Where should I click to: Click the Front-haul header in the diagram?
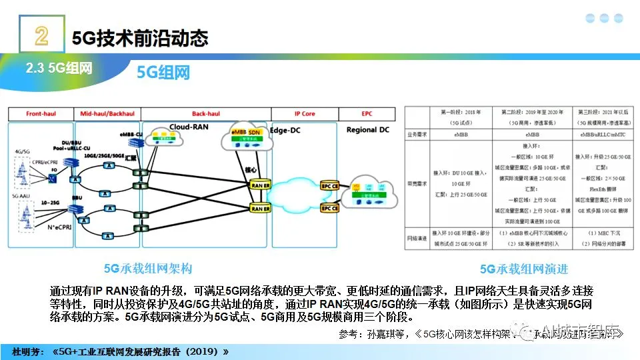point(41,114)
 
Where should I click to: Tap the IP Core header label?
point(304,114)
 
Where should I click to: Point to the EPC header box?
point(367,114)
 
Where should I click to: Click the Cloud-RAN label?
point(188,125)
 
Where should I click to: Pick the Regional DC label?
point(367,129)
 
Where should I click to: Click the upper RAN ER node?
point(260,185)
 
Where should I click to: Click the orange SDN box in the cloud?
point(253,133)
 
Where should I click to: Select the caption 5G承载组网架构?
point(147,269)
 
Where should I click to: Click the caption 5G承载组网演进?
point(523,269)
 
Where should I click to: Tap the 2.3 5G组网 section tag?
point(59,68)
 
